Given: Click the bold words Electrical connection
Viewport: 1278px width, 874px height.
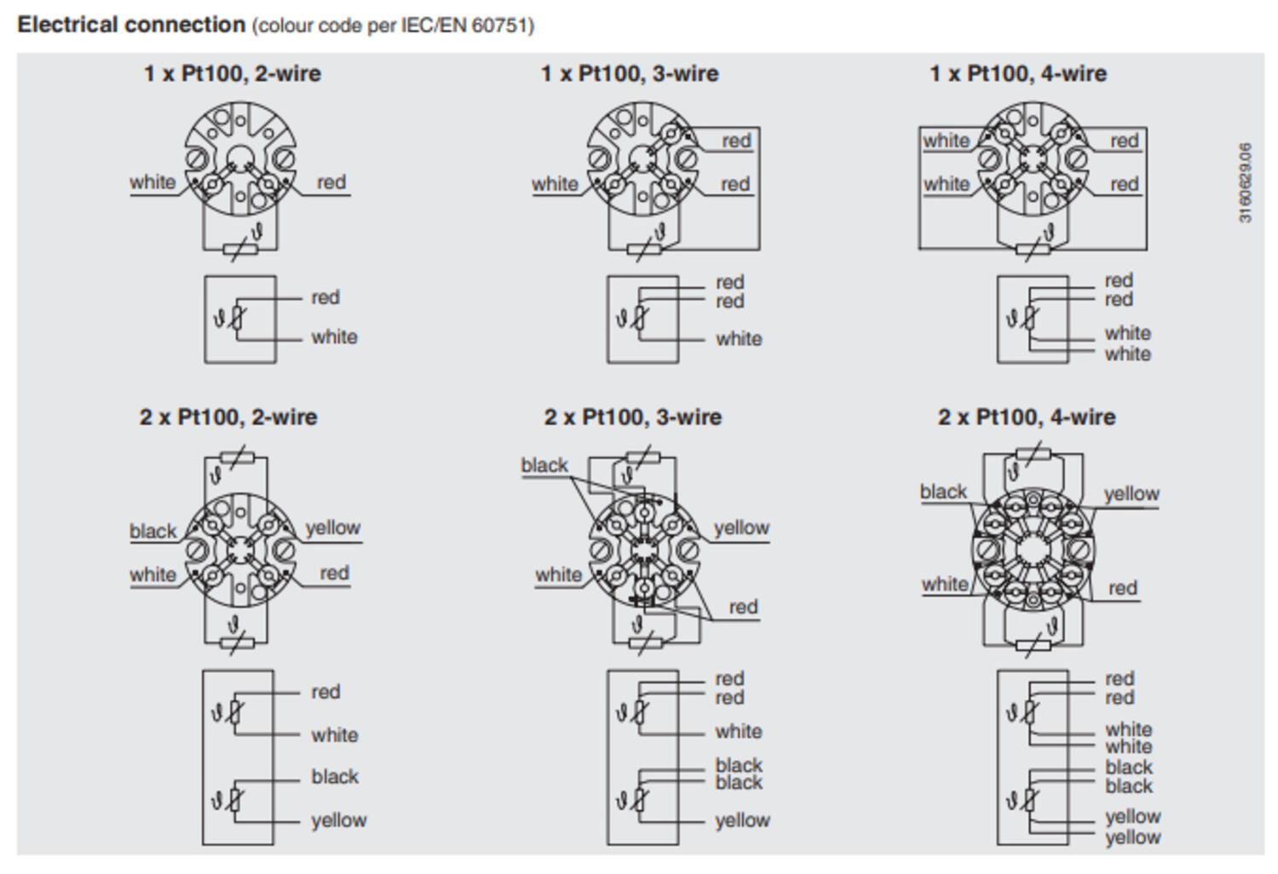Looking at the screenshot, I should tap(131, 25).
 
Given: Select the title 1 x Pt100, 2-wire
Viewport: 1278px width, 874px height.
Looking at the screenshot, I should tap(232, 74).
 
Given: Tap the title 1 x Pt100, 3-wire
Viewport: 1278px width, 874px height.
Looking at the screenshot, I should tap(629, 74).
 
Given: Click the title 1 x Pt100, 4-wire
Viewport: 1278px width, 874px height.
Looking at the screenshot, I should tap(1017, 74).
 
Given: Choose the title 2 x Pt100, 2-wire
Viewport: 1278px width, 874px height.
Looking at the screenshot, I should tap(228, 417).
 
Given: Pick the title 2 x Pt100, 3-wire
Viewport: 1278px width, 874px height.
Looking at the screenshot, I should tap(632, 417).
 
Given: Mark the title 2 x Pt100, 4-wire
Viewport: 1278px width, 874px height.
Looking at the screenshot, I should tap(1026, 417).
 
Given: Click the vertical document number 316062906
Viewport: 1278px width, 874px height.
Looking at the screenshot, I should tap(1245, 183).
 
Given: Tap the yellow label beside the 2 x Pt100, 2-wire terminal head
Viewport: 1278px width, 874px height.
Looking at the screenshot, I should tap(332, 528).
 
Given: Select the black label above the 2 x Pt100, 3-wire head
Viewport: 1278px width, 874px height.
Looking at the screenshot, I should tap(544, 465).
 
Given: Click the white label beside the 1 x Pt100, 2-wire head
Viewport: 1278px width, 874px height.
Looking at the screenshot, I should tap(153, 182).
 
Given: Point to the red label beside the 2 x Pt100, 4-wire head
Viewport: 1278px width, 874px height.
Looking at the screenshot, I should tap(1122, 588).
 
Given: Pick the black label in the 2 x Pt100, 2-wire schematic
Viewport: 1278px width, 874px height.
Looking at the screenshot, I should tap(335, 777).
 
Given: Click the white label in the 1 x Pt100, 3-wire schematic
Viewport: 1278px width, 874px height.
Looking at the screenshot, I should tap(739, 339).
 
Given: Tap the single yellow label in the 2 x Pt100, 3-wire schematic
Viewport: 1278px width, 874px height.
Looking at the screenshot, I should tap(742, 820).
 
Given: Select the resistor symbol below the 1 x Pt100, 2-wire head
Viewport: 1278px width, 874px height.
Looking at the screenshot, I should tap(239, 250).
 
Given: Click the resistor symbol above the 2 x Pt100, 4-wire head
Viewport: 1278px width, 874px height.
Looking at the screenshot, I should tap(1033, 456).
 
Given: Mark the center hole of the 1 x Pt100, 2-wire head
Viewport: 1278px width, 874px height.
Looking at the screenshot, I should tap(240, 157).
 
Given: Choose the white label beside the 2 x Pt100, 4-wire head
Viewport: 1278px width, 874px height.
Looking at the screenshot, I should tap(945, 584).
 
